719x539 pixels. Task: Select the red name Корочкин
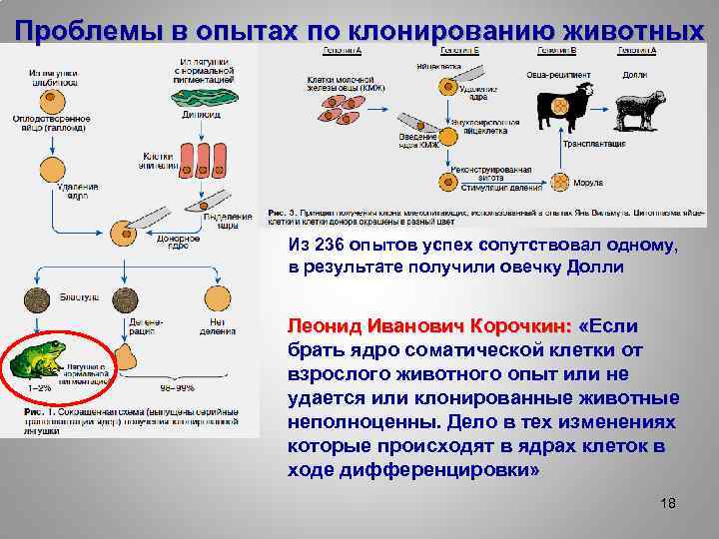[x=508, y=326]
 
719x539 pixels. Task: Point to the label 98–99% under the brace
[x=178, y=386]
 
